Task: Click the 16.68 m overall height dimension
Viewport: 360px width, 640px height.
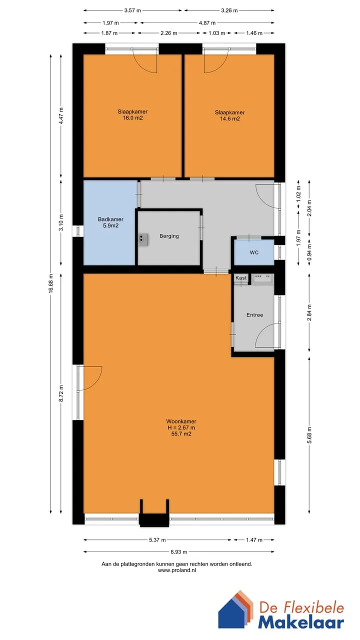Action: coord(51,283)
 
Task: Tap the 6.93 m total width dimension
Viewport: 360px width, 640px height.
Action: coord(179,551)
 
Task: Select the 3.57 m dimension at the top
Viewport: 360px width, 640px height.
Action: coord(132,10)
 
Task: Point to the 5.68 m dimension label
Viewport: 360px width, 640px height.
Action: coord(309,435)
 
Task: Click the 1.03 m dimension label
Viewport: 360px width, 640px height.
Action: coord(217,33)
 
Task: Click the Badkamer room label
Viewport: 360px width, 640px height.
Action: coord(110,219)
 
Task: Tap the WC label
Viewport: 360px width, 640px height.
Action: coord(254,252)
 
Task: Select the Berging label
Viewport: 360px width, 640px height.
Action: coord(169,236)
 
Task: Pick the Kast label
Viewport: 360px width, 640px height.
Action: coord(241,277)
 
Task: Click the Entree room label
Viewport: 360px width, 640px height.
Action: coord(254,315)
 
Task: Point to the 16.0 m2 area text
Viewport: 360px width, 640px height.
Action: coord(132,117)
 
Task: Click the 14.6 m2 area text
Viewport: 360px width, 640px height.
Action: coord(229,118)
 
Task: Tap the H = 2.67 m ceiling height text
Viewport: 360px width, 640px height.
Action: coord(181,427)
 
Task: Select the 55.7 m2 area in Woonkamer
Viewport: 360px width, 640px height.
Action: coord(181,433)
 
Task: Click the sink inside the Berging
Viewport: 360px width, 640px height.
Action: coord(143,239)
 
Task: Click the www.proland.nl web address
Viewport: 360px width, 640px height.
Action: coord(177,570)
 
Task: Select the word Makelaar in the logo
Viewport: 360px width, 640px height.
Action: coord(301,622)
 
